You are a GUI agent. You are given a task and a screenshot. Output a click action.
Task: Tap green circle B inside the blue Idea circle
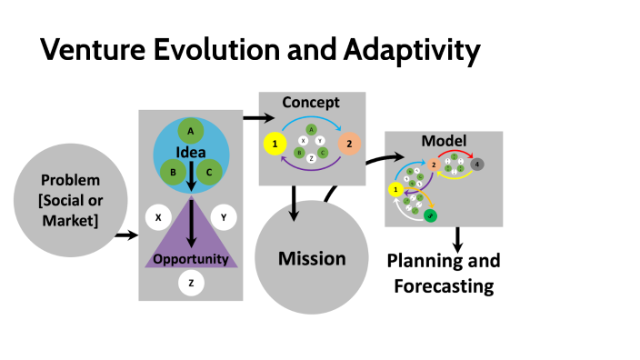[168, 168]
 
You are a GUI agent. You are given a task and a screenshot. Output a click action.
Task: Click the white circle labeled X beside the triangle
[159, 218]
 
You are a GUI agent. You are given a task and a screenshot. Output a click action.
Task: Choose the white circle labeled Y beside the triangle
[224, 218]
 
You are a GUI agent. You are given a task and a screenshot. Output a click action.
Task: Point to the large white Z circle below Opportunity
[191, 283]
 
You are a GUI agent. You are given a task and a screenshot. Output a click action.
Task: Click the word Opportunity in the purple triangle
[191, 259]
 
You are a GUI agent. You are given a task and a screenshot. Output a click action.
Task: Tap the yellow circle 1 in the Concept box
[274, 145]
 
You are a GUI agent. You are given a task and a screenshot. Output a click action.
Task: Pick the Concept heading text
[311, 102]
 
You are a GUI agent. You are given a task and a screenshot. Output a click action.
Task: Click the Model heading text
[445, 141]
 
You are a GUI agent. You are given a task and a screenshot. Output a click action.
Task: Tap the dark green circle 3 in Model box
[430, 215]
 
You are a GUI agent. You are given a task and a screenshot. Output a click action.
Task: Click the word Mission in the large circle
[311, 259]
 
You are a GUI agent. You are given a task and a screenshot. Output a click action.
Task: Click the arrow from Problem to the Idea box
[126, 236]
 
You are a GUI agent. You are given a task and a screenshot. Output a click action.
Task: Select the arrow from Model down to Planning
[458, 239]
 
